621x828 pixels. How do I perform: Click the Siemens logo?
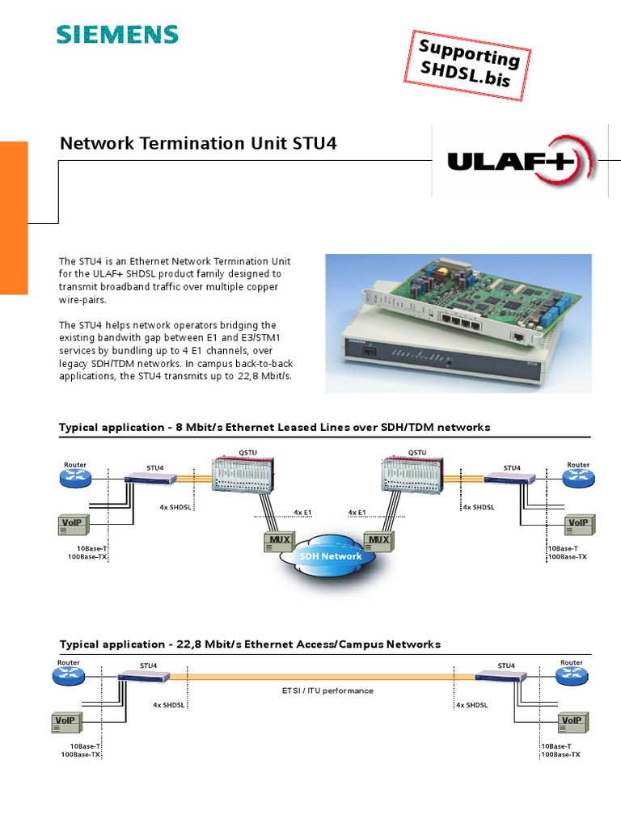[x=116, y=34]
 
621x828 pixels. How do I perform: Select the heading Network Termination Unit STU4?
[x=198, y=144]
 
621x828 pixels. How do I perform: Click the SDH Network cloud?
[x=331, y=557]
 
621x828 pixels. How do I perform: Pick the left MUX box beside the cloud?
[x=279, y=540]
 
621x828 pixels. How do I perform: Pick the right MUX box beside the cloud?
[x=378, y=540]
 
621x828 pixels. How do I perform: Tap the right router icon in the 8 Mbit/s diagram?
[x=578, y=479]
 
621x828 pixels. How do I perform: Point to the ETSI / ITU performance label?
[x=327, y=691]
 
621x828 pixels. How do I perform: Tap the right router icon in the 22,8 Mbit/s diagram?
[x=571, y=677]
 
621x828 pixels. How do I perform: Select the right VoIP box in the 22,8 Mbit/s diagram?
[x=572, y=720]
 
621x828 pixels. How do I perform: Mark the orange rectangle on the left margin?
[x=14, y=218]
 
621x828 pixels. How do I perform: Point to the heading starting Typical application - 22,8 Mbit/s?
[x=250, y=644]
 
